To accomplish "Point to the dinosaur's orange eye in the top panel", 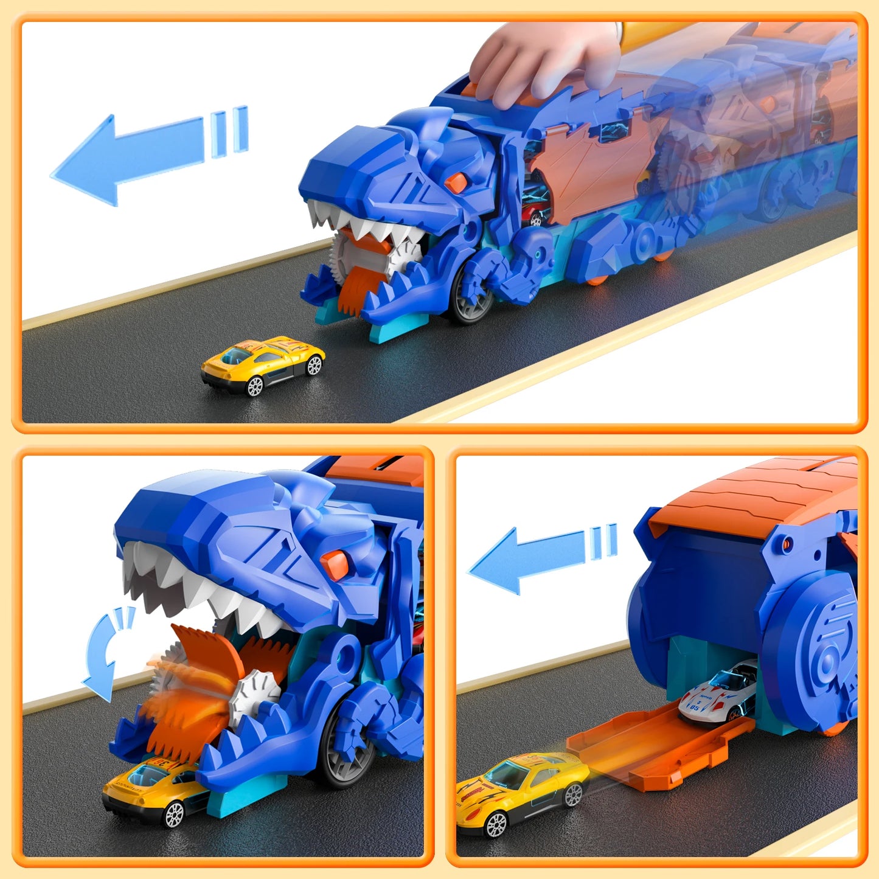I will click(x=456, y=181).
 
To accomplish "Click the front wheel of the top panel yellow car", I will click(x=255, y=386).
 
